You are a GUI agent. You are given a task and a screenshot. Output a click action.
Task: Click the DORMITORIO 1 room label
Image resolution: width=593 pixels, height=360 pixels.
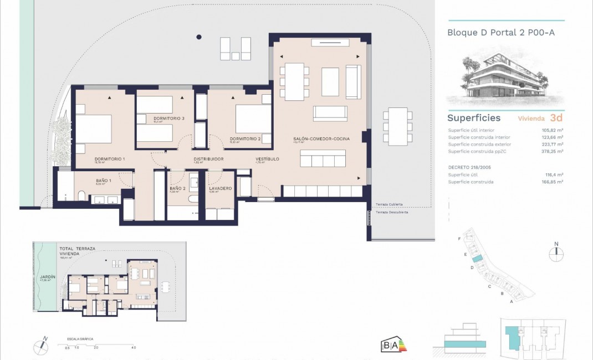(x=110, y=159)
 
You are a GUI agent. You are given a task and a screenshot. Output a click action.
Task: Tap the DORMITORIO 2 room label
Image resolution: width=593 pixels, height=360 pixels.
(x=245, y=138)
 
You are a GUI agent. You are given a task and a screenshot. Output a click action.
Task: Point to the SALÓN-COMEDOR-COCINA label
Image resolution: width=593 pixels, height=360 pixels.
(x=321, y=138)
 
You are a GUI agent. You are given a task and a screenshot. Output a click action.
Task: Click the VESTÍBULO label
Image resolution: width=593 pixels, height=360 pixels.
(x=267, y=159)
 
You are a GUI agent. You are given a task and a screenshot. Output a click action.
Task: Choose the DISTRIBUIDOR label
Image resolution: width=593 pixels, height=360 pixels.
(x=208, y=159)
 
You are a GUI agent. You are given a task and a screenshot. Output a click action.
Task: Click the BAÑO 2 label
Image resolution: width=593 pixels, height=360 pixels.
(x=177, y=188)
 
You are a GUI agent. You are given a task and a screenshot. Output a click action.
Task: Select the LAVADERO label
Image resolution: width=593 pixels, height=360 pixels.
(x=220, y=188)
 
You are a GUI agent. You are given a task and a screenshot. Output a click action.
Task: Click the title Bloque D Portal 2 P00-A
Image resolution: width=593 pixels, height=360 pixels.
(x=500, y=33)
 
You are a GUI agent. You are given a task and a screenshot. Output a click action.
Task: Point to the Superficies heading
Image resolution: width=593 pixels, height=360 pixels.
(x=473, y=118)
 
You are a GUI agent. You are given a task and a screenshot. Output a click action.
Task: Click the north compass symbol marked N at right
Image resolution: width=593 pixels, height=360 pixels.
(x=556, y=254)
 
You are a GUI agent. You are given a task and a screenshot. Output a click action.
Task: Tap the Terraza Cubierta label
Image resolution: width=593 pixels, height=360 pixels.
(x=389, y=204)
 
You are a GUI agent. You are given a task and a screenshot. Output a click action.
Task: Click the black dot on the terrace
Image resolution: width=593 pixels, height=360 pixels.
(x=198, y=37)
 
